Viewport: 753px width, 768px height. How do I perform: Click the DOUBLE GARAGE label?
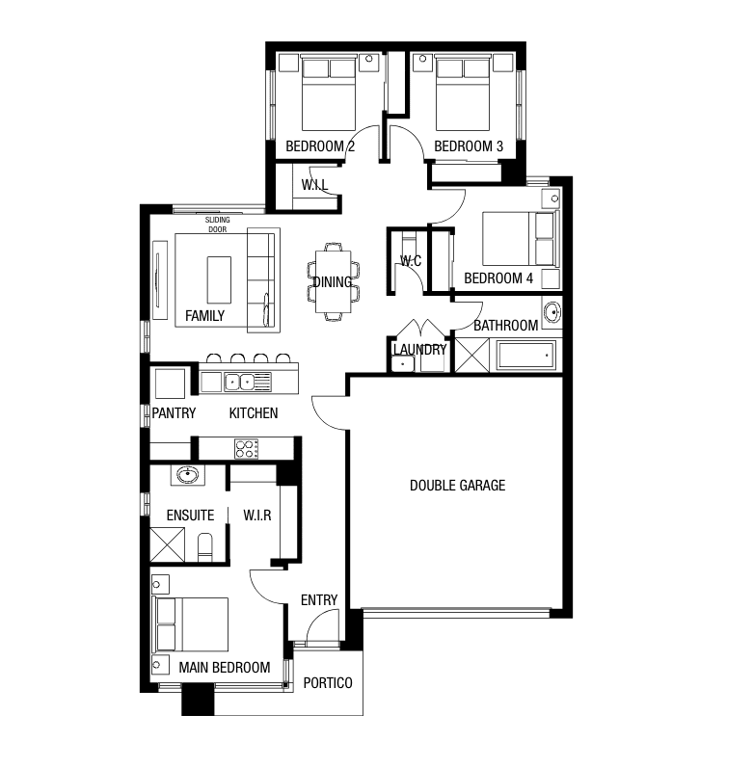[457, 486]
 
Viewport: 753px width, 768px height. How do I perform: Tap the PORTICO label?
[328, 683]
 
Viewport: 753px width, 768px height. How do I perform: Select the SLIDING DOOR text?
[217, 225]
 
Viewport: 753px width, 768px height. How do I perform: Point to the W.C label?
[411, 261]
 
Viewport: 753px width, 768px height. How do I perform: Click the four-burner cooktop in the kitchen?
[247, 448]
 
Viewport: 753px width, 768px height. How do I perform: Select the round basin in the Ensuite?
[187, 475]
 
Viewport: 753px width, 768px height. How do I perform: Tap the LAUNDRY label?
[419, 350]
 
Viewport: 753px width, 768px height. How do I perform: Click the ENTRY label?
[319, 600]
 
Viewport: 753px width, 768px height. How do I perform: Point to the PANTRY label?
[175, 413]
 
